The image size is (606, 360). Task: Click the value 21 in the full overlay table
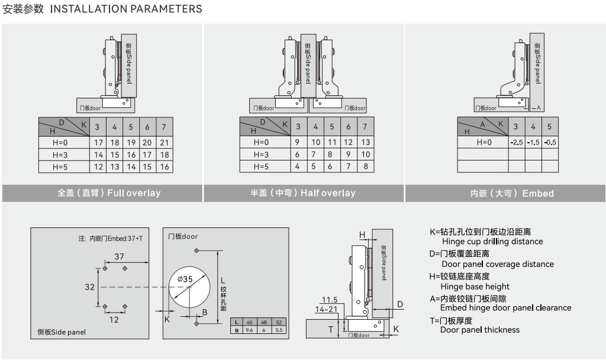coord(164,143)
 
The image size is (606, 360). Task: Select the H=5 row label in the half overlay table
coord(261,167)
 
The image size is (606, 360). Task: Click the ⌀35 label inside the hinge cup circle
coord(185,279)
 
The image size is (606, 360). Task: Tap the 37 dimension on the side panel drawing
coord(119,256)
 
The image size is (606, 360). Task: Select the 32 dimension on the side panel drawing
coord(89,287)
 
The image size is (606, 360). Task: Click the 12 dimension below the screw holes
coord(114,320)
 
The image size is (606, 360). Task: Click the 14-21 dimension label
coord(326,309)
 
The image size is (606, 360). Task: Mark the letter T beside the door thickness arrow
coord(331,329)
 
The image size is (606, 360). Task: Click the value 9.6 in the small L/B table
coord(249,330)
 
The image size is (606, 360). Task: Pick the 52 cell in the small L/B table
coord(279,322)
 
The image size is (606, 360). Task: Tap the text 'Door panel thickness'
coord(479,330)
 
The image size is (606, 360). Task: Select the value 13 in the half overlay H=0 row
coord(365,143)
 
